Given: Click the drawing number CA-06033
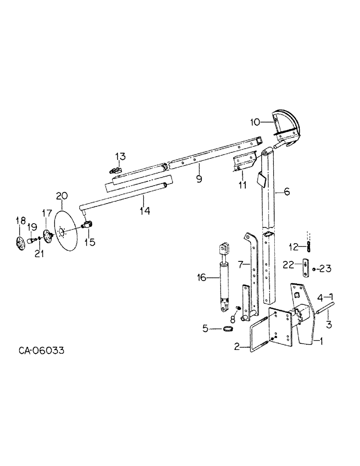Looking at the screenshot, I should [x=41, y=349].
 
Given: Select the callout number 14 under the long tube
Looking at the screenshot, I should [x=145, y=211].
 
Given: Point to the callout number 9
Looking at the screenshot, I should [x=199, y=179].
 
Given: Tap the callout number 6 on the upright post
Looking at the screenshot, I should [x=287, y=191].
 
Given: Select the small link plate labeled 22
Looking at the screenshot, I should [x=304, y=267].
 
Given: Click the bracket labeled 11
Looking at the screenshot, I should [x=243, y=163].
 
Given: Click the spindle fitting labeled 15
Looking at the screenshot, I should [x=88, y=226].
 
